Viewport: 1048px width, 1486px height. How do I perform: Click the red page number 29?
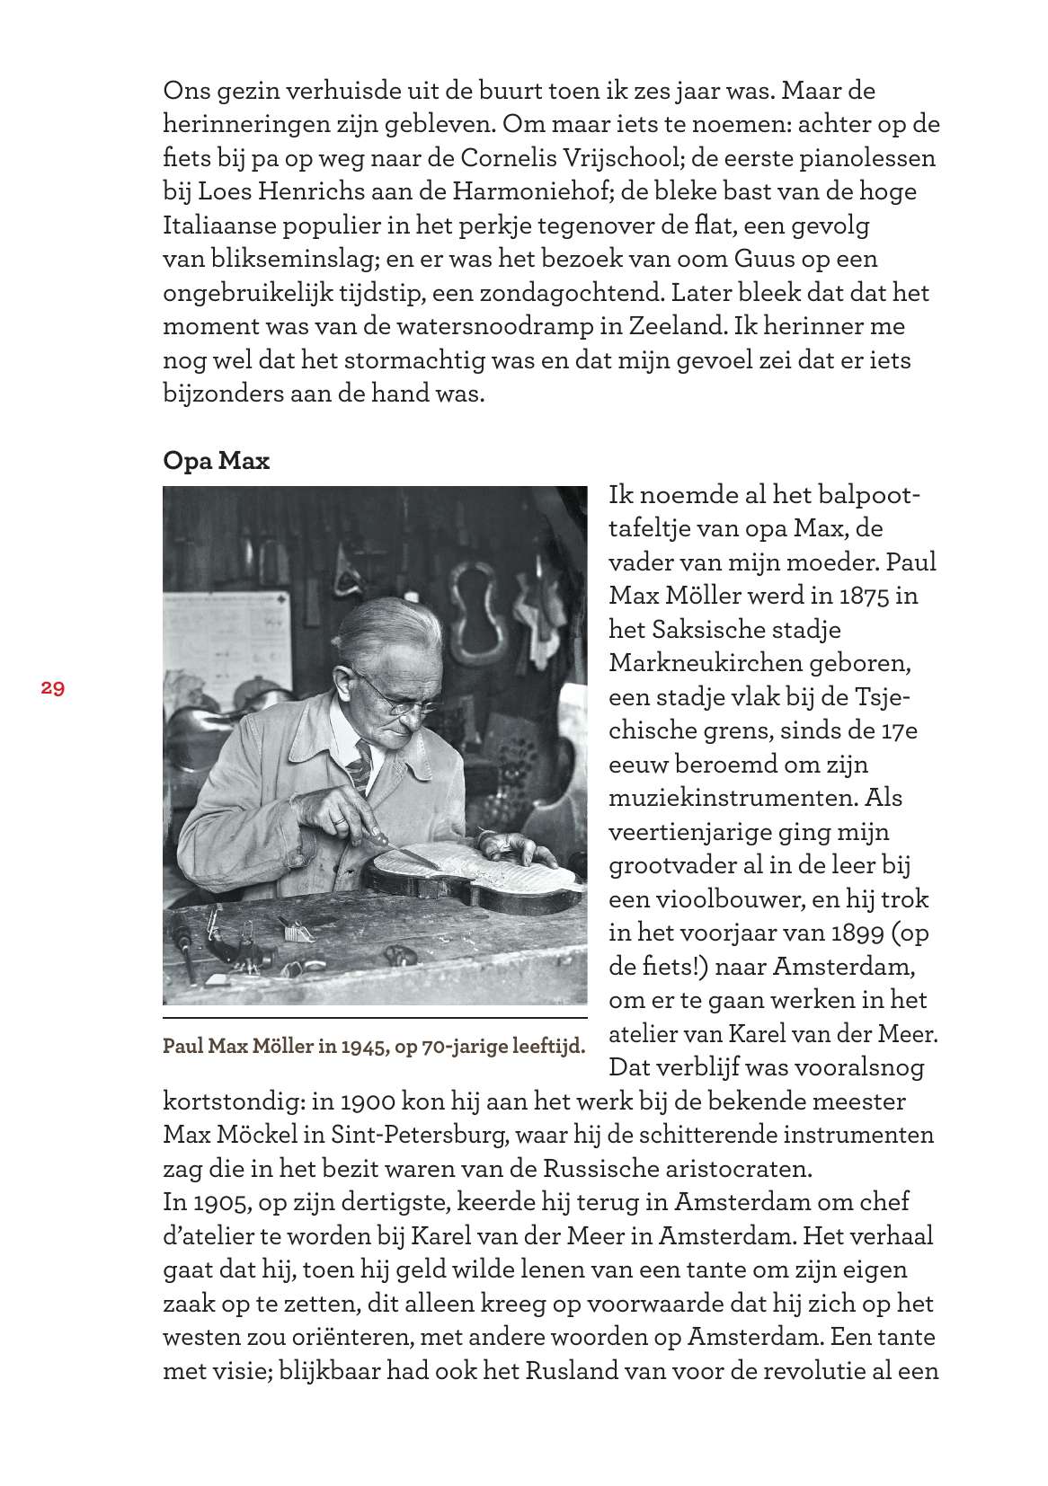pos(52,688)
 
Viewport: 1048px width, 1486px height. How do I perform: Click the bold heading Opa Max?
pos(216,461)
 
